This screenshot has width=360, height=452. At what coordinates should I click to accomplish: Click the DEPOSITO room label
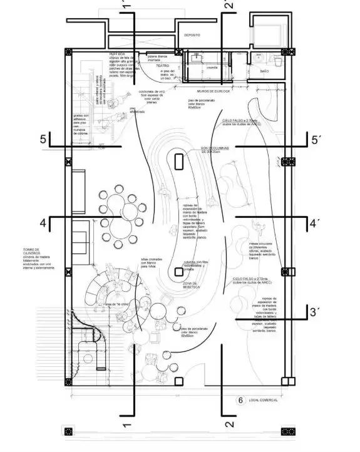(192, 35)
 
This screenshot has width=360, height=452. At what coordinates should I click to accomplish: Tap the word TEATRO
(163, 65)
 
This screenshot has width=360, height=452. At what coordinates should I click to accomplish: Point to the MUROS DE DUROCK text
(214, 91)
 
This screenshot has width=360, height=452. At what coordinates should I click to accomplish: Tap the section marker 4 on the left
(43, 222)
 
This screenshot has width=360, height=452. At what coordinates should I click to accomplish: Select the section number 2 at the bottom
(229, 424)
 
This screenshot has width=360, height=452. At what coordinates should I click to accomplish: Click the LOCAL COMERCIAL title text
(263, 399)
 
